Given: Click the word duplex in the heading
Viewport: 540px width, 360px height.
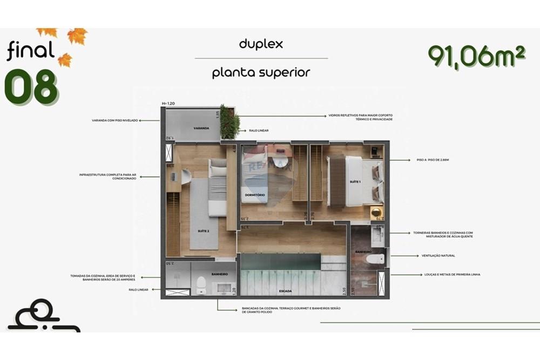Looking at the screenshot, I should click(x=261, y=44).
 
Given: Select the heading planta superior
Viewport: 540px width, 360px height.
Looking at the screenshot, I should click(x=261, y=72).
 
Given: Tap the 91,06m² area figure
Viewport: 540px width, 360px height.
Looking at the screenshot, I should click(x=476, y=56).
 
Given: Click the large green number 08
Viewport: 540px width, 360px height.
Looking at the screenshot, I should click(x=31, y=87).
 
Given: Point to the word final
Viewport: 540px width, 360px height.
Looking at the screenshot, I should click(x=31, y=51).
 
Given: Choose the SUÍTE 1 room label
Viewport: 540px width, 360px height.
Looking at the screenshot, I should click(x=355, y=182).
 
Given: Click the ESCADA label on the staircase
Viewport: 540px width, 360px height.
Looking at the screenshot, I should click(x=286, y=291).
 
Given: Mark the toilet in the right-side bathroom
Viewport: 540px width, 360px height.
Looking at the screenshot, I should click(x=374, y=259).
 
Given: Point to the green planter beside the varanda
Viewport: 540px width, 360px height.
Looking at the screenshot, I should click(x=230, y=123).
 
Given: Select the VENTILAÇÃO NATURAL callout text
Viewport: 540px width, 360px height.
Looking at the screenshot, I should click(x=438, y=255).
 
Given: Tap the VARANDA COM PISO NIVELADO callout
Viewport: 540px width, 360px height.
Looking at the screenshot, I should click(x=114, y=121).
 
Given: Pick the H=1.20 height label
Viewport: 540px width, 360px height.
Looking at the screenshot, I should click(x=168, y=103).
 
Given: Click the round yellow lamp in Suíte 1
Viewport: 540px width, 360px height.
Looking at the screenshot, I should click(x=376, y=212).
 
